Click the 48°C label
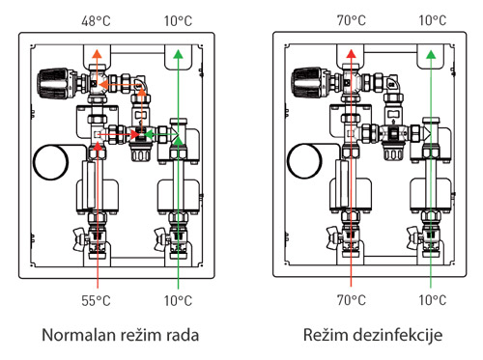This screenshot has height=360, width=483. click(x=96, y=21)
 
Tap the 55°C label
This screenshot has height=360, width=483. click(x=96, y=301)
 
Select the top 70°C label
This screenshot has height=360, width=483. click(x=352, y=20)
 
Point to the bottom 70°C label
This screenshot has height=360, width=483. click(x=352, y=300)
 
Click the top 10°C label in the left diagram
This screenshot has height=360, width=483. click(x=178, y=21)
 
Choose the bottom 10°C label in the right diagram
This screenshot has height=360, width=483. click(x=433, y=300)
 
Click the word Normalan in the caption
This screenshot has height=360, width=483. click(x=79, y=335)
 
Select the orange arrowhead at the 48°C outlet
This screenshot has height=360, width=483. click(x=97, y=54)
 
